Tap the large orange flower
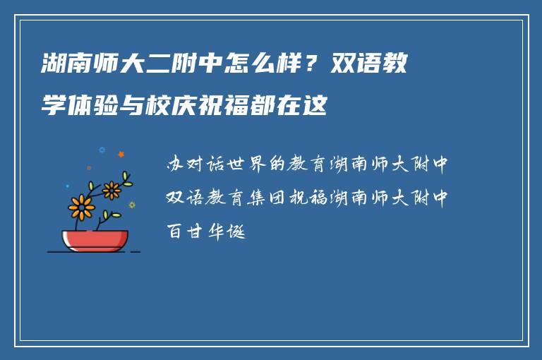pyautogui.click(x=82, y=207)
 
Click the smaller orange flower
pyautogui.click(x=112, y=189)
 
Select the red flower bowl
pyautogui.click(x=95, y=240)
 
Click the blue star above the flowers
pyautogui.click(x=102, y=150)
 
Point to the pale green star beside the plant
pyautogui.click(x=132, y=205)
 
